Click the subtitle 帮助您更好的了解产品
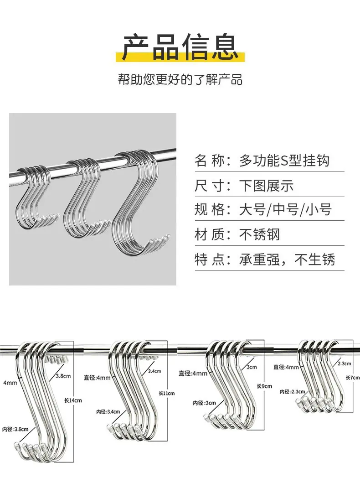tap(180, 79)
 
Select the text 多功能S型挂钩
tap(284, 161)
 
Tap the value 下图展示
tap(266, 186)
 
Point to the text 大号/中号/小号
tap(285, 209)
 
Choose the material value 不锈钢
tap(259, 234)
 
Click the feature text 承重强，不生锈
tap(287, 259)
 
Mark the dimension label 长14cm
tap(73, 400)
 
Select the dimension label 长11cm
tap(166, 393)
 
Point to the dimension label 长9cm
tap(264, 386)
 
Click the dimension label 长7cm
tap(353, 377)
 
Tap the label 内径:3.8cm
tap(15, 429)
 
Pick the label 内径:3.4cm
tap(108, 411)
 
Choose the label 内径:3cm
tap(204, 403)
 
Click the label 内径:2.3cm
tap(293, 391)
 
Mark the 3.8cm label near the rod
tap(63, 376)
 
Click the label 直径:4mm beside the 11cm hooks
tap(97, 378)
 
